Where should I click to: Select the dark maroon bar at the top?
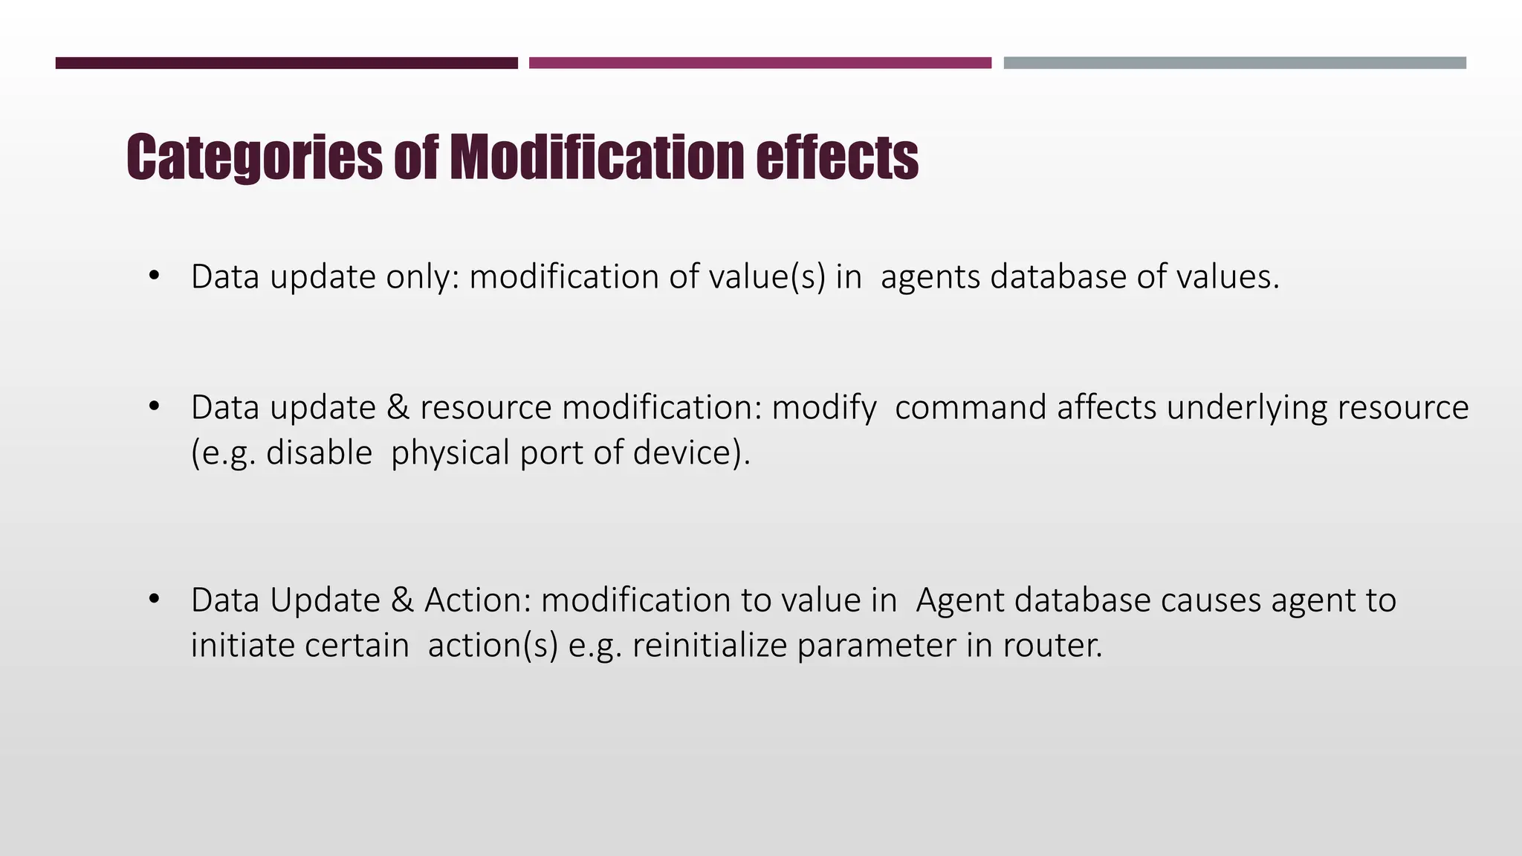pos(286,63)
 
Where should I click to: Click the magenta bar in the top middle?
pos(760,63)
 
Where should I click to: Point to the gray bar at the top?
pos(1234,63)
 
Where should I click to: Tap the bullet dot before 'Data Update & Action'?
pos(154,600)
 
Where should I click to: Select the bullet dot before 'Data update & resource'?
pos(154,407)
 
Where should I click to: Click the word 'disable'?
pos(319,453)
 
